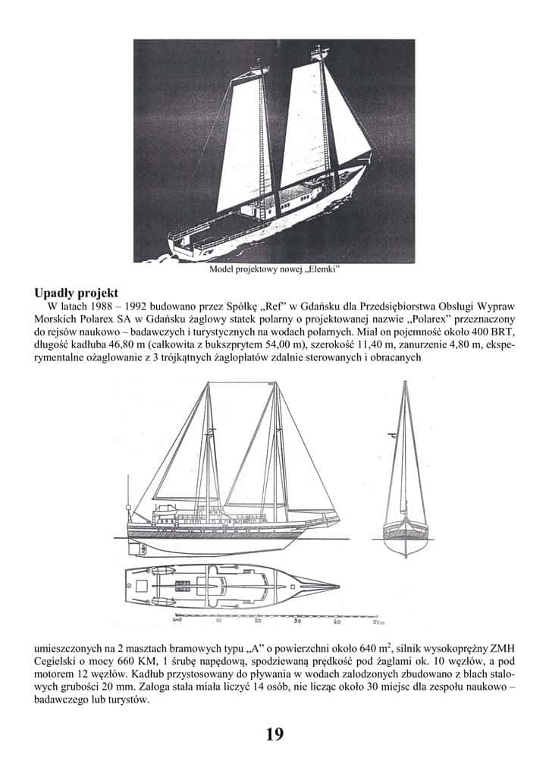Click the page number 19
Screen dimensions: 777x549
pos(274,734)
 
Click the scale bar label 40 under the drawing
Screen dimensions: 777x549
pos(337,621)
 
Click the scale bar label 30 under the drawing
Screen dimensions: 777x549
pos(297,621)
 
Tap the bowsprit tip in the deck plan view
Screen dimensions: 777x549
pos(337,585)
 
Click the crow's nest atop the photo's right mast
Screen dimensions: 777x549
pos(318,53)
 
